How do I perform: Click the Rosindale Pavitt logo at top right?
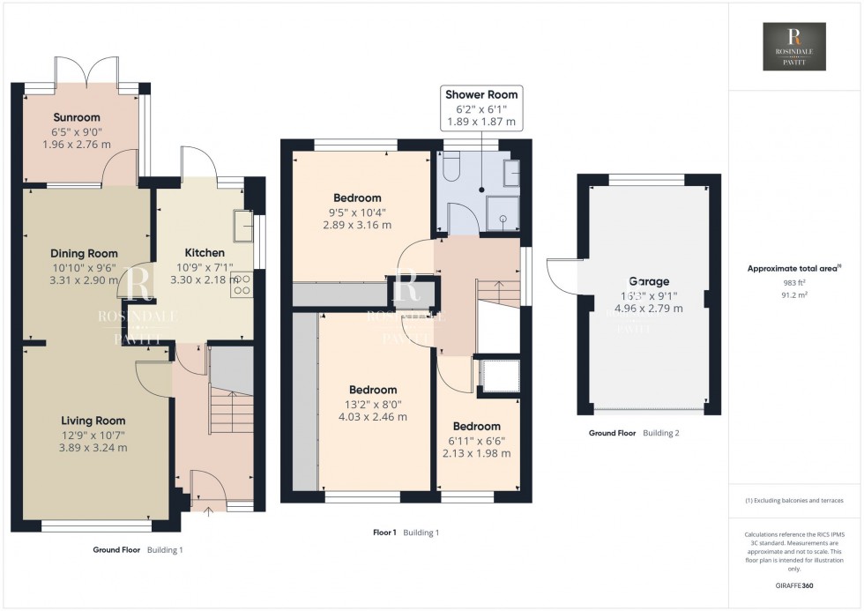click(795, 48)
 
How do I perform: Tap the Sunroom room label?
click(77, 117)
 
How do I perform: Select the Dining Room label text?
click(84, 253)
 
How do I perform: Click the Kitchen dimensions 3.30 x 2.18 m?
click(205, 279)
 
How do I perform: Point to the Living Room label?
click(93, 421)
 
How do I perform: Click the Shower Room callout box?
click(481, 108)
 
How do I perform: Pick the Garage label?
click(648, 282)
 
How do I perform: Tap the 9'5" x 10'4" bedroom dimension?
click(357, 212)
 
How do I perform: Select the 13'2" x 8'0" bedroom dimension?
click(373, 405)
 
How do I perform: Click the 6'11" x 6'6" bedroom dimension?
click(476, 441)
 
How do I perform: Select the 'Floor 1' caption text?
click(384, 533)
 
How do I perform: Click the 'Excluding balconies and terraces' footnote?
click(795, 501)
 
